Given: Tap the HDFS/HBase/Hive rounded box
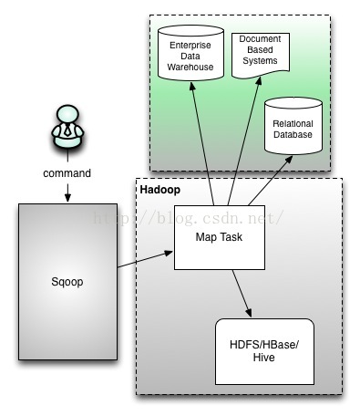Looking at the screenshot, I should tap(263, 351).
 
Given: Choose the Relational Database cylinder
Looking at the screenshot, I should tap(293, 129).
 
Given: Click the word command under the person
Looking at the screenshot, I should tap(67, 173).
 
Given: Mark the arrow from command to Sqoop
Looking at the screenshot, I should tap(67, 191).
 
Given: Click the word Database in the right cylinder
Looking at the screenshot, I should tap(293, 134).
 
